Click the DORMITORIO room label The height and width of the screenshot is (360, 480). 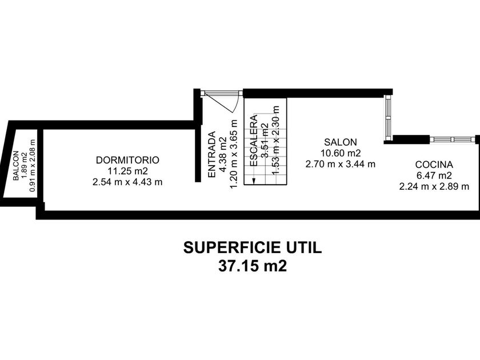point(127,160)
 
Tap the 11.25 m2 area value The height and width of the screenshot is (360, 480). point(127,171)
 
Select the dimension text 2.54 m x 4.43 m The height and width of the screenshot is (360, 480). point(127,182)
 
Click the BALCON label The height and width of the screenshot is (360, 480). point(15,166)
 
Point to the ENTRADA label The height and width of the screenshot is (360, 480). point(211,154)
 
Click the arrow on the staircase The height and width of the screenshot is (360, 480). point(253,179)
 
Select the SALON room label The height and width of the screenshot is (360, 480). point(340,142)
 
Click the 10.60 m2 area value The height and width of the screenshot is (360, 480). point(340,153)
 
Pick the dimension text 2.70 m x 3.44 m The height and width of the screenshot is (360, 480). point(340,164)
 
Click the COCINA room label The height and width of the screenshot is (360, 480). point(434,164)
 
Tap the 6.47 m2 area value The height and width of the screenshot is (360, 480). point(434,175)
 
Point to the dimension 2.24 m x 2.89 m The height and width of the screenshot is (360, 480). point(434,186)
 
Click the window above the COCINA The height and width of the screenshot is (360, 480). point(452,139)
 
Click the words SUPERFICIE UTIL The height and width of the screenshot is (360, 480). point(253,247)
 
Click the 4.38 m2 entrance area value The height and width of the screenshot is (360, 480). point(222,154)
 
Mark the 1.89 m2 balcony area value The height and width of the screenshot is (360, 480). point(23,166)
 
